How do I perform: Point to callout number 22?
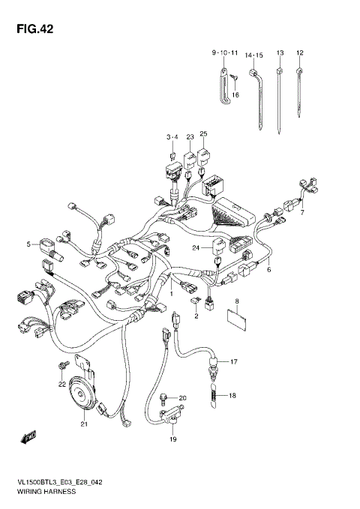click(x=63, y=385)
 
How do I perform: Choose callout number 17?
click(x=233, y=362)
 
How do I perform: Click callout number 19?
click(x=172, y=439)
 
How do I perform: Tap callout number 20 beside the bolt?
click(x=182, y=398)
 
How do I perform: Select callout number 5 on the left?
click(x=29, y=244)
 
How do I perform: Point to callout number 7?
click(x=302, y=213)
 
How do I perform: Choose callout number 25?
click(x=203, y=134)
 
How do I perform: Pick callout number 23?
click(x=190, y=136)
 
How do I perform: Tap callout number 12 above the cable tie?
click(x=300, y=52)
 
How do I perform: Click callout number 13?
click(x=280, y=52)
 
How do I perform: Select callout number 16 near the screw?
click(x=235, y=94)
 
